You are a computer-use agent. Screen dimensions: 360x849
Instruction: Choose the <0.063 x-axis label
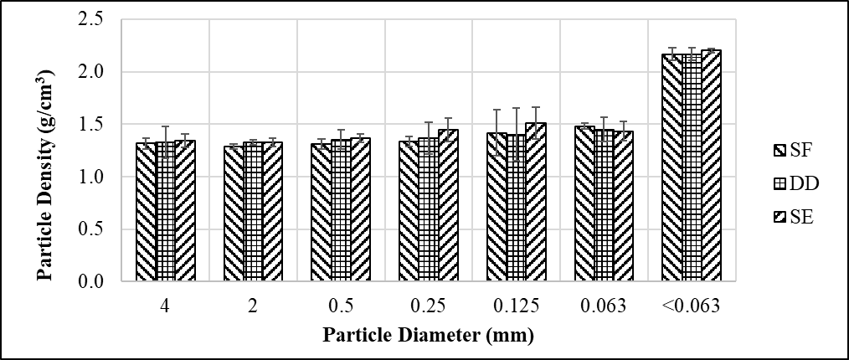(x=691, y=306)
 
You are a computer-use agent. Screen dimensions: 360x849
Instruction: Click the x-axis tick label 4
(x=165, y=306)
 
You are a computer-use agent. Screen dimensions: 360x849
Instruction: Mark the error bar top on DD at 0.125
(x=516, y=108)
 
